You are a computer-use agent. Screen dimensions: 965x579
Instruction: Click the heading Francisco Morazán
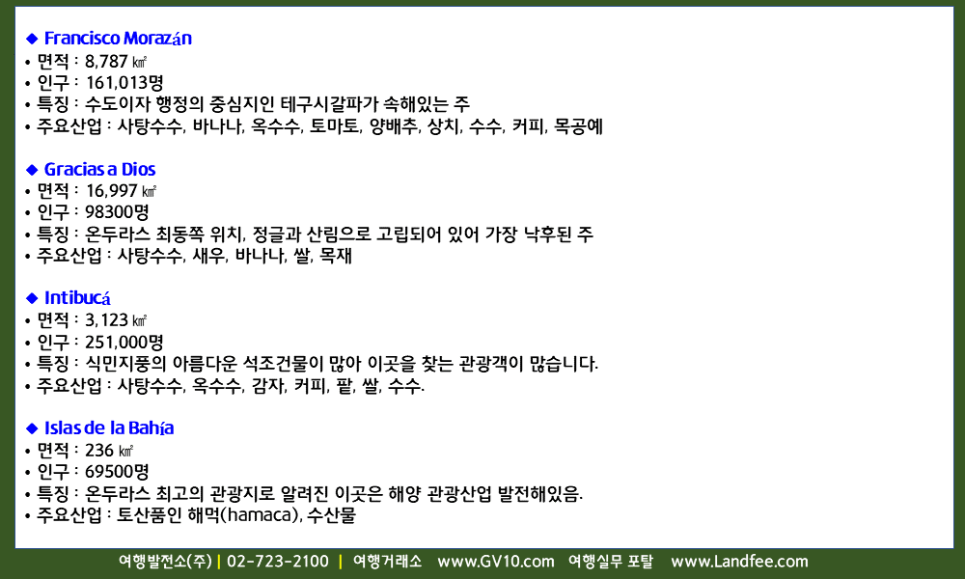point(118,39)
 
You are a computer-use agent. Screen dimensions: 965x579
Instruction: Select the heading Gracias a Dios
point(99,169)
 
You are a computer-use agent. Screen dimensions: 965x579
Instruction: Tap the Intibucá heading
point(77,298)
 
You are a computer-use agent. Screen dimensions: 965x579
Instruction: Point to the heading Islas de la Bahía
point(109,427)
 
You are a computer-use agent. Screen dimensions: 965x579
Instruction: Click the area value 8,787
point(106,62)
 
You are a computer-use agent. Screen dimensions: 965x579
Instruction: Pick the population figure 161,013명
point(124,82)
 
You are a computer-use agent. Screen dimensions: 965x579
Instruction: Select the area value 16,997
point(111,191)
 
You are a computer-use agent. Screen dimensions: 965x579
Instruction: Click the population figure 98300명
point(117,212)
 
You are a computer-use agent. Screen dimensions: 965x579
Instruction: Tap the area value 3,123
point(106,320)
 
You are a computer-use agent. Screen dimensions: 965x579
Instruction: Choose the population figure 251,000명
point(124,343)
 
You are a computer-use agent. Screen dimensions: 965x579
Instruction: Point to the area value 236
point(99,451)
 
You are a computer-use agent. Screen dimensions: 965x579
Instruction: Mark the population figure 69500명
point(117,472)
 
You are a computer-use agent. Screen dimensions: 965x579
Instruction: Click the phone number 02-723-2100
point(278,562)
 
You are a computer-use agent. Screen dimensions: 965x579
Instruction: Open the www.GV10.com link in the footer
point(495,562)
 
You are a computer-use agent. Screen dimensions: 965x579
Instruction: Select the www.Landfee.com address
point(739,562)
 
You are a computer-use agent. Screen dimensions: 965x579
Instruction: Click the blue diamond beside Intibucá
point(32,298)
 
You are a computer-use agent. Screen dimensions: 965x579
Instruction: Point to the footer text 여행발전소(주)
point(165,562)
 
